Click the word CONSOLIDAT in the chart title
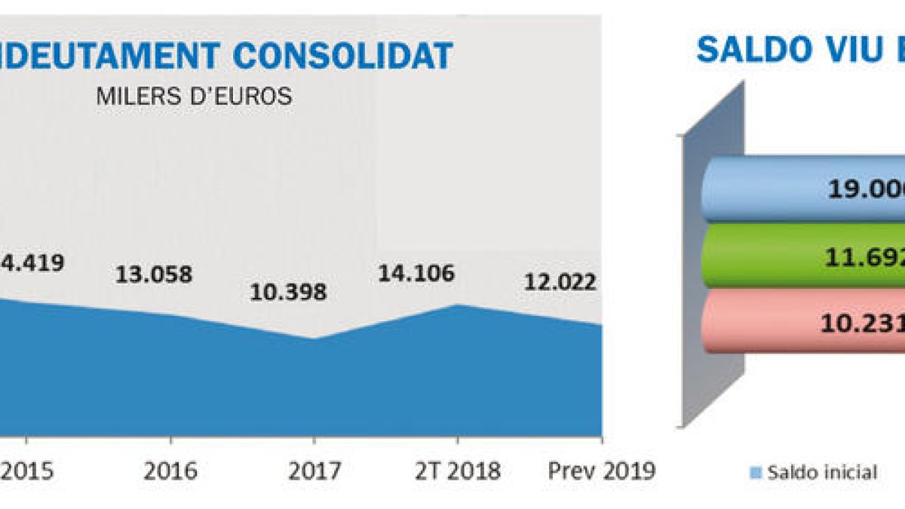(342, 56)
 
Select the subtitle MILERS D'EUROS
(194, 97)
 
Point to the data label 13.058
(154, 275)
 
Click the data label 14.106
(417, 273)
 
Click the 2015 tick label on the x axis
(27, 471)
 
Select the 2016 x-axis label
(171, 471)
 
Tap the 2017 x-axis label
(314, 471)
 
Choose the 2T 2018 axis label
(457, 471)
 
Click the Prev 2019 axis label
(601, 471)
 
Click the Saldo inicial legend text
(822, 473)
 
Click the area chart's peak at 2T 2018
(457, 305)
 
